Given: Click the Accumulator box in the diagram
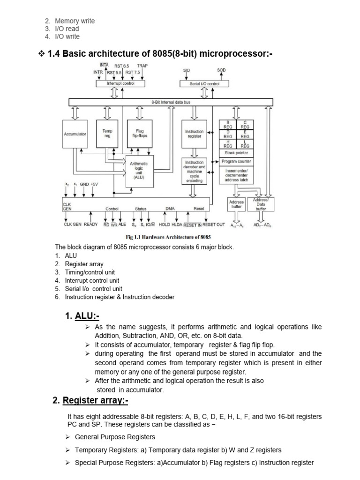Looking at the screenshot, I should [x=75, y=134].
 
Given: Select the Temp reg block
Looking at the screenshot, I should [x=107, y=134].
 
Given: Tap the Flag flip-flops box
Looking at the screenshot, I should [x=140, y=134].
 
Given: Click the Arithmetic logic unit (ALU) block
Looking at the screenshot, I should [x=139, y=171].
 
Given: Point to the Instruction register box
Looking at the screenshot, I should [x=194, y=134].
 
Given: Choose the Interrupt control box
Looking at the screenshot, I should [x=120, y=83].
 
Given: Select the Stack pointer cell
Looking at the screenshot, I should [x=236, y=153].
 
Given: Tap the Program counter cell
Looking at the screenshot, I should [x=236, y=161].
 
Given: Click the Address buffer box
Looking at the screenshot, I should [x=236, y=204].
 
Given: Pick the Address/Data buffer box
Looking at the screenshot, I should [x=261, y=204].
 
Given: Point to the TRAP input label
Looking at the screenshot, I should [x=142, y=66].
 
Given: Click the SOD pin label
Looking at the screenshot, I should [x=221, y=70].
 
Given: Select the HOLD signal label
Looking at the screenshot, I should [x=165, y=225].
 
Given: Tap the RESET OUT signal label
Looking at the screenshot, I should [x=214, y=225].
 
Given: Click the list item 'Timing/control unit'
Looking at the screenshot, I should [x=90, y=272].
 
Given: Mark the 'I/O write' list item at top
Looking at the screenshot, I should [x=67, y=37].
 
